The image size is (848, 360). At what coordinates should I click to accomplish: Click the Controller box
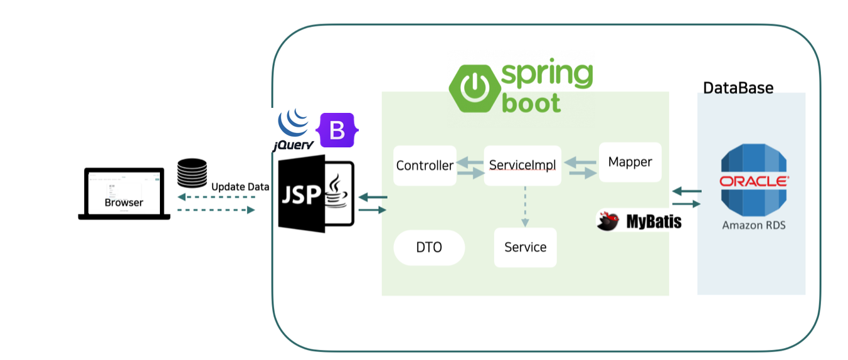425,166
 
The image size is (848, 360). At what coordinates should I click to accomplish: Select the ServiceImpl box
522,166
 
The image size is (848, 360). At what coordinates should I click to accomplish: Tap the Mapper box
630,162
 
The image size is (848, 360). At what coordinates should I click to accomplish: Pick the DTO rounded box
429,248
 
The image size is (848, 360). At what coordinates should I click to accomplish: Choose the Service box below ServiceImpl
525,247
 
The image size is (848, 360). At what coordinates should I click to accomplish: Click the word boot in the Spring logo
531,103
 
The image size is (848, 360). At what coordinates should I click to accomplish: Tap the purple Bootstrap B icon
337,130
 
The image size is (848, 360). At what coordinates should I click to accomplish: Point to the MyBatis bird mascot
608,221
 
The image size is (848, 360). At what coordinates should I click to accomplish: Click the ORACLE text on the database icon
753,181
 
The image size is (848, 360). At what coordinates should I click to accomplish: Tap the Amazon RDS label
753,225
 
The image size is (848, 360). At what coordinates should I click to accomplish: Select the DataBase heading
738,88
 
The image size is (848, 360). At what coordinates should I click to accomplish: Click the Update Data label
240,187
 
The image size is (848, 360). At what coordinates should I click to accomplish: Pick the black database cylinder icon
192,174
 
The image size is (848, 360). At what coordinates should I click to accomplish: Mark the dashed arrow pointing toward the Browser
216,197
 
